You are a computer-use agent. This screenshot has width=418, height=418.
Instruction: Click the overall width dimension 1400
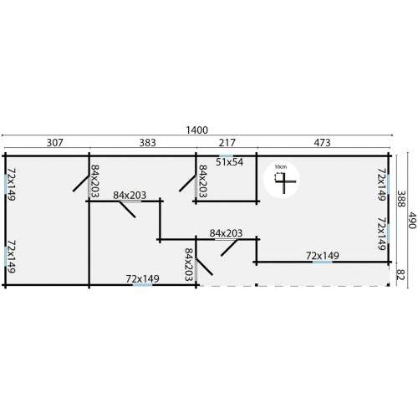coord(197,130)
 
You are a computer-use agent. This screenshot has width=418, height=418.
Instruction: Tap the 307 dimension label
coord(55,143)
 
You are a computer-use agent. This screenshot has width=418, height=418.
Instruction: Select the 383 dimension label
coord(147,143)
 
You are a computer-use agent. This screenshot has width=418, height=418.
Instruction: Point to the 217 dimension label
coord(227,143)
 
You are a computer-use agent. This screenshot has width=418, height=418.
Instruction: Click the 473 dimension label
coord(322,143)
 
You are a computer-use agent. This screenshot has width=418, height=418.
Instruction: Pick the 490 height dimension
coord(412,220)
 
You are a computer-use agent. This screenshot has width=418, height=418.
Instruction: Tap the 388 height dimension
coord(400,199)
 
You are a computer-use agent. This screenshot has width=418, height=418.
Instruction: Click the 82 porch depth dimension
coord(400,274)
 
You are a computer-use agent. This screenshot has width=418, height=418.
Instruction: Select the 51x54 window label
coord(229,162)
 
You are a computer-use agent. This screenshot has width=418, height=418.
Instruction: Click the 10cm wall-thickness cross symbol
coord(284,181)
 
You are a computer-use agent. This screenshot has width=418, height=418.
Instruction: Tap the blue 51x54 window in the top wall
coord(227,155)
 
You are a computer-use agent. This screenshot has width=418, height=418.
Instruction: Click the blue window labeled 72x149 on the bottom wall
coord(143,285)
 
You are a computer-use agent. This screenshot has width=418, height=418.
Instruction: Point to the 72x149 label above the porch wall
coord(323,256)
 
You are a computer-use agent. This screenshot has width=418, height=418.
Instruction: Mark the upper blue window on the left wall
coord(5,184)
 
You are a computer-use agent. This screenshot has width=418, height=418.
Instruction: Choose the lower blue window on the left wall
coord(5,257)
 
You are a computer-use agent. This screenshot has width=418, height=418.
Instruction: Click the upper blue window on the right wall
coord(388,184)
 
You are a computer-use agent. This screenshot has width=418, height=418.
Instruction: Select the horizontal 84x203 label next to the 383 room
coord(130,196)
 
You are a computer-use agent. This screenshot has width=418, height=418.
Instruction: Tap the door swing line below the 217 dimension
coord(187,183)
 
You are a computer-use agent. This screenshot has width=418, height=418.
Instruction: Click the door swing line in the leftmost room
coord(81,182)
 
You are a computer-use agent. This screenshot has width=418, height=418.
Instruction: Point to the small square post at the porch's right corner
coord(388,285)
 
